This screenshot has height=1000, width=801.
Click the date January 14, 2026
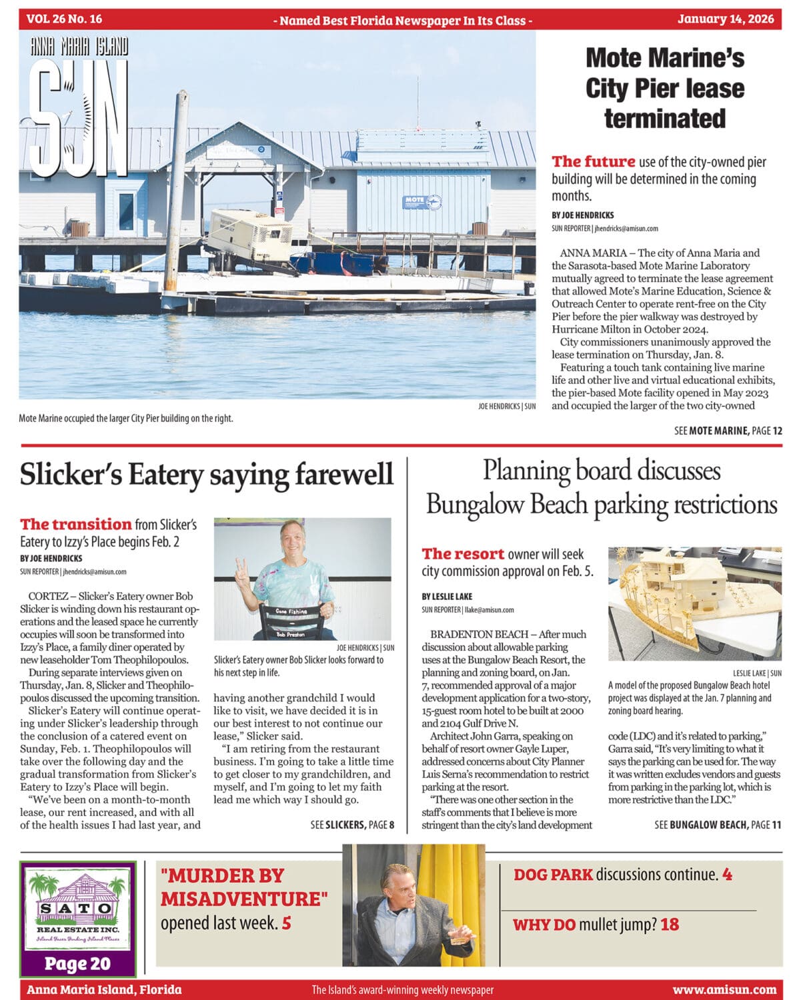tap(726, 19)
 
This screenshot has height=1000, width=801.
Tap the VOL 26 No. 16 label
tap(65, 19)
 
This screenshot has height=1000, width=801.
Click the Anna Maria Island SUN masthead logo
tap(79, 107)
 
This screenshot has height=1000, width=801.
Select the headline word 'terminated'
tap(665, 119)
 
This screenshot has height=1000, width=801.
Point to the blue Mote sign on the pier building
tap(422, 202)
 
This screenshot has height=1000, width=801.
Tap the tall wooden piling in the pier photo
tap(177, 193)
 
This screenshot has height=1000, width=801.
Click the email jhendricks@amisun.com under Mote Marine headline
tap(626, 228)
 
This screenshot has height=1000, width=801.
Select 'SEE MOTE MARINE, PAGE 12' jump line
tap(728, 431)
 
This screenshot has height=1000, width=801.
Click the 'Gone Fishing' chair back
tap(292, 611)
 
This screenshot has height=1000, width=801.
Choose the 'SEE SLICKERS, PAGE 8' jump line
tap(352, 825)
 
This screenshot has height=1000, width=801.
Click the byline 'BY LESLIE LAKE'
tap(447, 596)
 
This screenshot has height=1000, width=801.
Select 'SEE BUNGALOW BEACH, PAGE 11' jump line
tap(718, 825)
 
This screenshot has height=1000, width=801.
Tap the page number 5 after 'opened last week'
tap(287, 923)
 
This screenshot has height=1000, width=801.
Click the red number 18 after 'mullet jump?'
tap(670, 925)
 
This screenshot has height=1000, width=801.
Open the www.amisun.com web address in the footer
tap(724, 989)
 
